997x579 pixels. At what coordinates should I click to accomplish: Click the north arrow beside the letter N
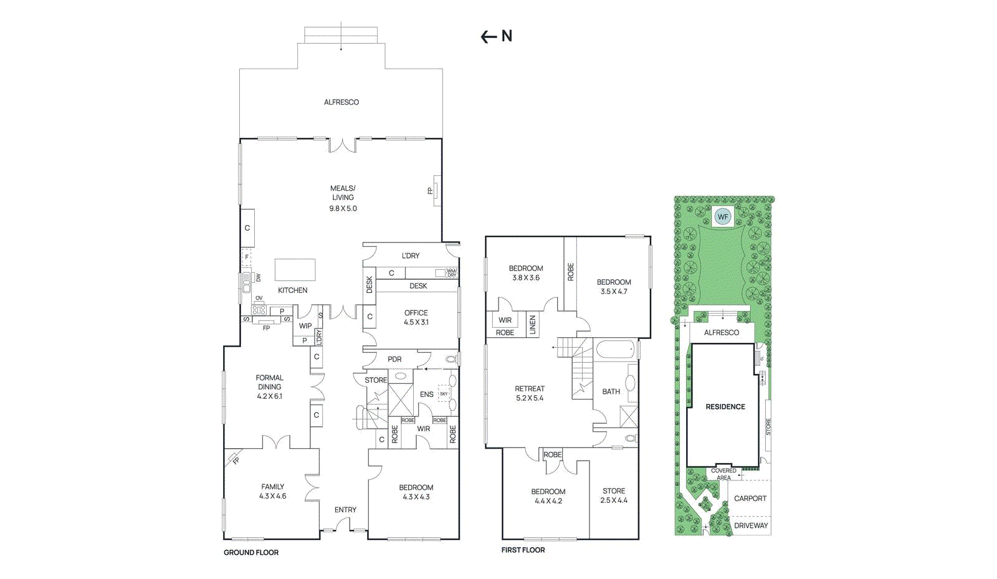pyautogui.click(x=489, y=37)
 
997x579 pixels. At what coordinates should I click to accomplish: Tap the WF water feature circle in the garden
pyautogui.click(x=723, y=217)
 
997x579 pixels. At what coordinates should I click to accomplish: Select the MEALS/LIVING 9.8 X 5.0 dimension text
pyautogui.click(x=343, y=208)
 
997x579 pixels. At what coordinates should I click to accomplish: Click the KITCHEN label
pyautogui.click(x=293, y=290)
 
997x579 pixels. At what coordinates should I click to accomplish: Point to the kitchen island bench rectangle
pyautogui.click(x=295, y=270)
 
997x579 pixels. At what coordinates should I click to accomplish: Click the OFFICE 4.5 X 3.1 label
pyautogui.click(x=416, y=317)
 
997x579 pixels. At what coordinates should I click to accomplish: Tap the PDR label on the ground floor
pyautogui.click(x=394, y=359)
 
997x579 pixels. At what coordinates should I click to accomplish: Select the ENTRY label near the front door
pyautogui.click(x=345, y=509)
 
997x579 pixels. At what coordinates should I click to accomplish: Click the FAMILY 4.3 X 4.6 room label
pyautogui.click(x=272, y=491)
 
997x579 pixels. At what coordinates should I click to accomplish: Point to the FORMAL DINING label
pyautogui.click(x=269, y=382)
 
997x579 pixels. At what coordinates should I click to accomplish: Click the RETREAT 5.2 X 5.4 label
pyautogui.click(x=530, y=393)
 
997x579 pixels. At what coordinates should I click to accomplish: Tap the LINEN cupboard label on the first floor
pyautogui.click(x=533, y=325)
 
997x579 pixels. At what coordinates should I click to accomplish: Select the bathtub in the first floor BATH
pyautogui.click(x=615, y=348)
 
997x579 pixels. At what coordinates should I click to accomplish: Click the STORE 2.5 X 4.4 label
pyautogui.click(x=614, y=495)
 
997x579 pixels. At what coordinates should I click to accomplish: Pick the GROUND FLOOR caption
pyautogui.click(x=251, y=552)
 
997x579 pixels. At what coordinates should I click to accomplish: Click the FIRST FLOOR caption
pyautogui.click(x=523, y=550)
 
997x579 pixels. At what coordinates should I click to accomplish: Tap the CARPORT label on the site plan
pyautogui.click(x=750, y=498)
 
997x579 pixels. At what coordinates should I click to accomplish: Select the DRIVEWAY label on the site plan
pyautogui.click(x=751, y=525)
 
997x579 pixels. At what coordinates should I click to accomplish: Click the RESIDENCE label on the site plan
pyautogui.click(x=725, y=406)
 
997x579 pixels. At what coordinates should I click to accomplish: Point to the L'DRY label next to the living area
pyautogui.click(x=410, y=256)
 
